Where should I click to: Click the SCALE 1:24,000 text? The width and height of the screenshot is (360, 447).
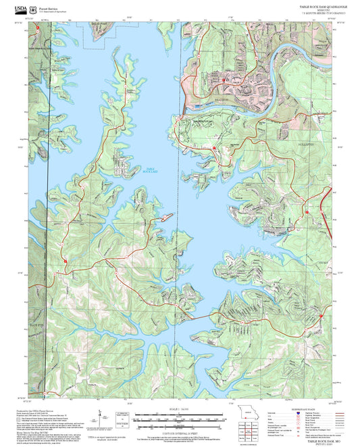[x=179, y=409]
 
